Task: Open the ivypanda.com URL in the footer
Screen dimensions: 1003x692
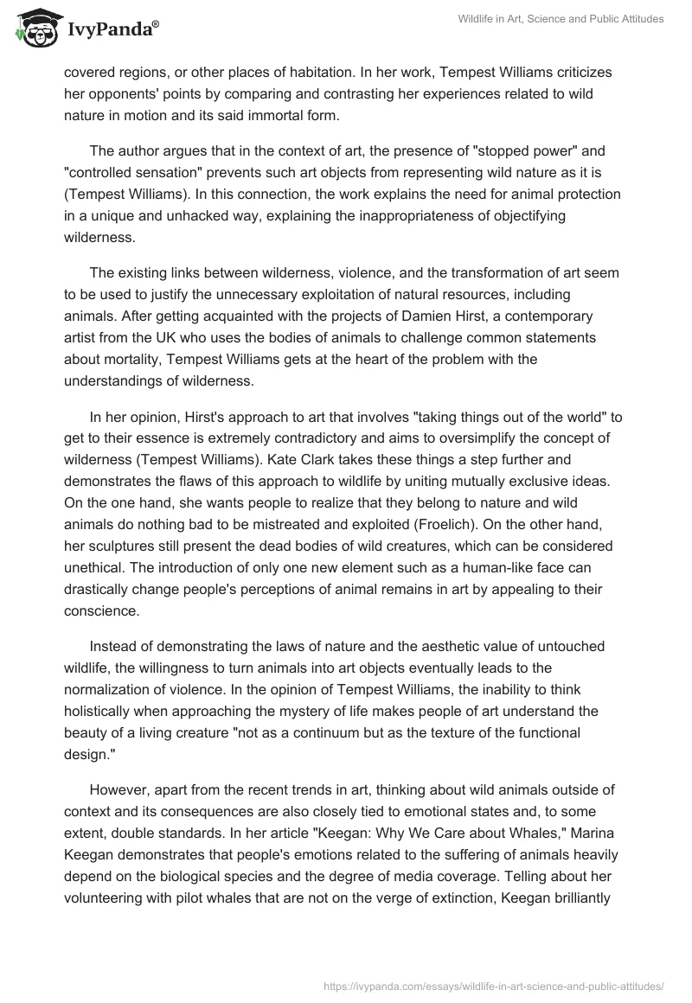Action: [x=493, y=985]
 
